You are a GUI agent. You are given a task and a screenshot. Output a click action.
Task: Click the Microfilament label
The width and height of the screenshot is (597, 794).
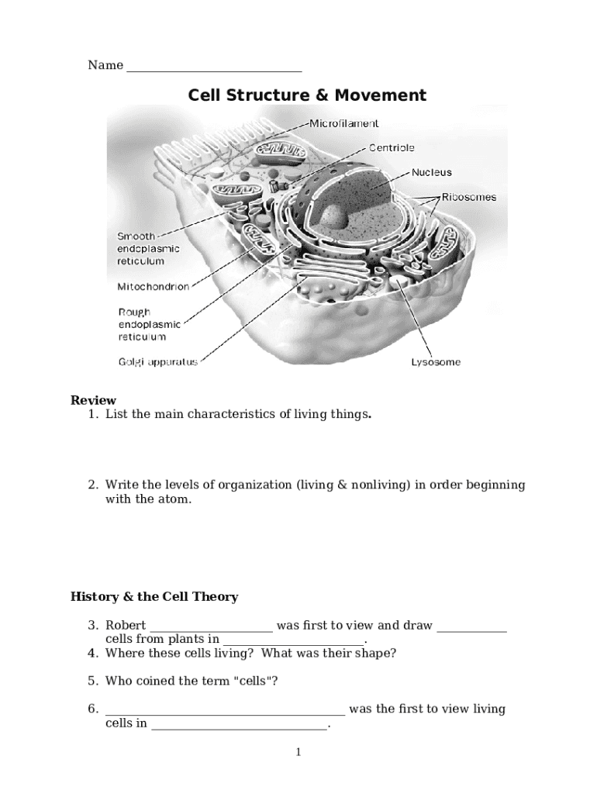(x=344, y=123)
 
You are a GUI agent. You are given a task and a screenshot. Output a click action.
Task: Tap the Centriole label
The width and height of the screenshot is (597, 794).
(x=391, y=147)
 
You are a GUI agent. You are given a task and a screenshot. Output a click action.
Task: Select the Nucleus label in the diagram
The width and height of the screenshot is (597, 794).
(x=431, y=172)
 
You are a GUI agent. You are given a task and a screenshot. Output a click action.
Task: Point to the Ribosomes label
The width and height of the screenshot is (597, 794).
(x=469, y=197)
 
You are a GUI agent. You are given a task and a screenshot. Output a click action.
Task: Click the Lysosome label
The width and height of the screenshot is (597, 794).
(x=435, y=362)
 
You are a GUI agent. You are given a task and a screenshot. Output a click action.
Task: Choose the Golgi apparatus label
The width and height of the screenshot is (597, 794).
(x=157, y=361)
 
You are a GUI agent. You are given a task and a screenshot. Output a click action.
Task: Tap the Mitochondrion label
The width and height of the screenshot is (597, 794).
(x=153, y=287)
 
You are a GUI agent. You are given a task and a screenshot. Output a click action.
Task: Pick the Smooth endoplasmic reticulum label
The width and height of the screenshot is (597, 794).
(x=148, y=249)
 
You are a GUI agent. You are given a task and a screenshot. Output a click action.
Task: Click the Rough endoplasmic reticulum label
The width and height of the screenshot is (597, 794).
(x=149, y=324)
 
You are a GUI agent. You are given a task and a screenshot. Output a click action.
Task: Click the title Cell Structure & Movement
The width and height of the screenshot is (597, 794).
(x=307, y=95)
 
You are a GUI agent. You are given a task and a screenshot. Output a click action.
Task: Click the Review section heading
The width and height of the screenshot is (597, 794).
(x=93, y=400)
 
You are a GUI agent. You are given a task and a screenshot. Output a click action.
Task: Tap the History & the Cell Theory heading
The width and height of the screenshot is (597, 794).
(x=154, y=597)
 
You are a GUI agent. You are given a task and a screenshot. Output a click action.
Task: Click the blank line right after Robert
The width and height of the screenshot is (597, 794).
(x=211, y=628)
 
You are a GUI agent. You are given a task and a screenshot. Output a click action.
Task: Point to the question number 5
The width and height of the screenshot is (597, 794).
(x=91, y=681)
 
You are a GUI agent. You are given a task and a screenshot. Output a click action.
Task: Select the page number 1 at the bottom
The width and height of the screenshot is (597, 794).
(x=298, y=752)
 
